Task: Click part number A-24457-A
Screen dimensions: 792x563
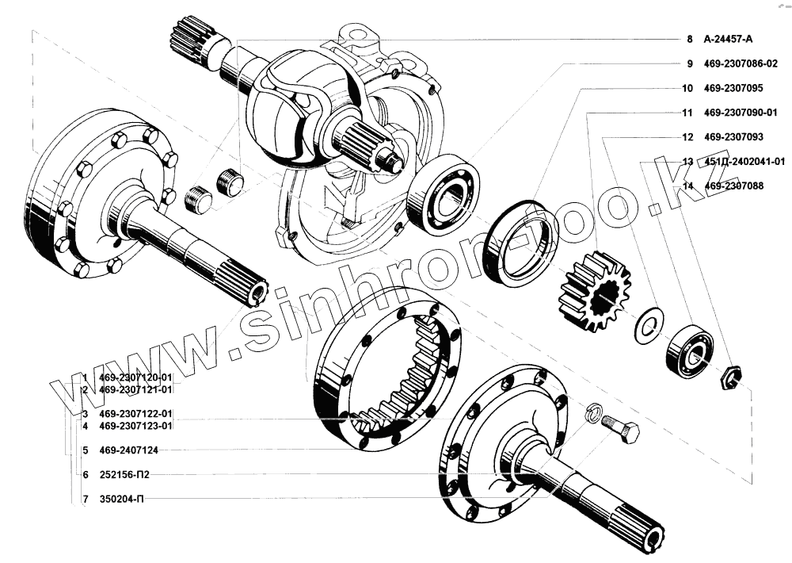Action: pyautogui.click(x=728, y=39)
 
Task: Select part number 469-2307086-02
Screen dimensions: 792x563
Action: pyautogui.click(x=741, y=63)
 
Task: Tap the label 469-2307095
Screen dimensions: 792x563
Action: pyautogui.click(x=733, y=88)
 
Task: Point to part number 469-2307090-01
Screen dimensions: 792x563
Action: pyautogui.click(x=741, y=113)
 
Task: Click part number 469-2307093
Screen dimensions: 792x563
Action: pyautogui.click(x=733, y=136)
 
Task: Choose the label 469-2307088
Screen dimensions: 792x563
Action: pyautogui.click(x=733, y=186)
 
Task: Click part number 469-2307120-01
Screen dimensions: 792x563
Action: pyautogui.click(x=136, y=377)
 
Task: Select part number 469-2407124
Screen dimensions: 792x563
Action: pyautogui.click(x=129, y=450)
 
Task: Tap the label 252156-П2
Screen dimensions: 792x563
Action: pyautogui.click(x=124, y=474)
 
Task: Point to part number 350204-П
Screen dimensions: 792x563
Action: pyautogui.click(x=121, y=500)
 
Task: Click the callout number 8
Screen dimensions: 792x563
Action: pyautogui.click(x=690, y=39)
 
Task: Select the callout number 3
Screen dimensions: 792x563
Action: pyautogui.click(x=86, y=414)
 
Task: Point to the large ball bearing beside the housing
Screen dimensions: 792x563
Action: pyautogui.click(x=444, y=194)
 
